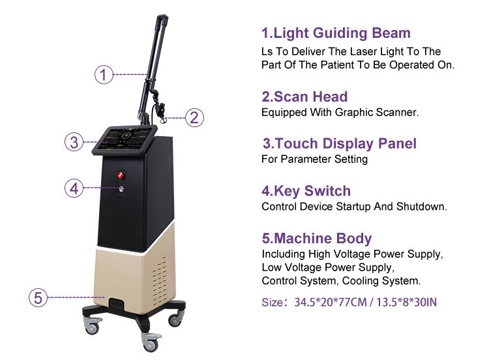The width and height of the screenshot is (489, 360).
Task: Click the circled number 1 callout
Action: click(104, 74)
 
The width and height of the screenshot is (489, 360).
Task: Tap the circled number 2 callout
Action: click(194, 117)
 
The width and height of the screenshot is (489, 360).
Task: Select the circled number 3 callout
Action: click(74, 142)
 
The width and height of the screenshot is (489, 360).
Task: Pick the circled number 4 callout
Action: click(74, 188)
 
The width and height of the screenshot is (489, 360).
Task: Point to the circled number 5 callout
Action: click(38, 297)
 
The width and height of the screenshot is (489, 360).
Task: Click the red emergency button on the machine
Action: click(121, 175)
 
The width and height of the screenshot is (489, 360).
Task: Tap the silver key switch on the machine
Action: click(121, 188)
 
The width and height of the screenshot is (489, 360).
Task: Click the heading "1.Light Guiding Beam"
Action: click(336, 33)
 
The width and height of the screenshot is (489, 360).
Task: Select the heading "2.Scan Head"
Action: click(304, 97)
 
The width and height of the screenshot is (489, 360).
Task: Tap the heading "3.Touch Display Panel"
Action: click(340, 143)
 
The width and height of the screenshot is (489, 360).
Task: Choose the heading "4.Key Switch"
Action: click(306, 191)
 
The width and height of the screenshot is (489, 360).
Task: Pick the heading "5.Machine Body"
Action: click(316, 238)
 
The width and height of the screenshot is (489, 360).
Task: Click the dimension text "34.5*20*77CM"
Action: click(331, 303)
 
